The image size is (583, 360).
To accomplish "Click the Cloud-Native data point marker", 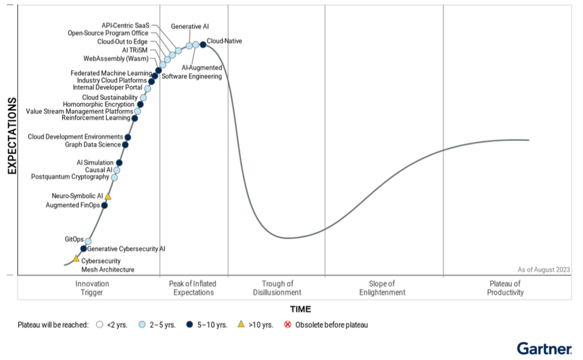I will pyautogui.click(x=203, y=44).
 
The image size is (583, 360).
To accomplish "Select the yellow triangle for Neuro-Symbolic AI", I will pyautogui.click(x=108, y=197).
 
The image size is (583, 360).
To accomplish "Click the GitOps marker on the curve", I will pyautogui.click(x=88, y=242).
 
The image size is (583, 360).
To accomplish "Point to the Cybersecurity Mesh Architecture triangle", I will pyautogui.click(x=76, y=259).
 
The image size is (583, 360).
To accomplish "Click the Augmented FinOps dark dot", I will pyautogui.click(x=104, y=206).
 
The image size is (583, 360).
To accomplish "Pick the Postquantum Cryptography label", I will pyautogui.click(x=70, y=177).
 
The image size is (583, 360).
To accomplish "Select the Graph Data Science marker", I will pyautogui.click(x=125, y=145).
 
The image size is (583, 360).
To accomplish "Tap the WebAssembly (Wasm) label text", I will pyautogui.click(x=116, y=59).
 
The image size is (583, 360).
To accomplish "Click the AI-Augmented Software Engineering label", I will pyautogui.click(x=192, y=72).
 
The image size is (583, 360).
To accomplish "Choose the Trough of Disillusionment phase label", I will pyautogui.click(x=277, y=288).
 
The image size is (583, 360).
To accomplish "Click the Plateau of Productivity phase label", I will pyautogui.click(x=505, y=288).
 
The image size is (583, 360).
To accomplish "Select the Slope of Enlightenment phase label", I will pyautogui.click(x=382, y=288).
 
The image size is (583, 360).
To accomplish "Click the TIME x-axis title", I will pyautogui.click(x=301, y=309).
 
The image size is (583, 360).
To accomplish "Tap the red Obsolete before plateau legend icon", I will pyautogui.click(x=288, y=325).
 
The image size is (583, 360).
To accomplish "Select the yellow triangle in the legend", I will pyautogui.click(x=241, y=325).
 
